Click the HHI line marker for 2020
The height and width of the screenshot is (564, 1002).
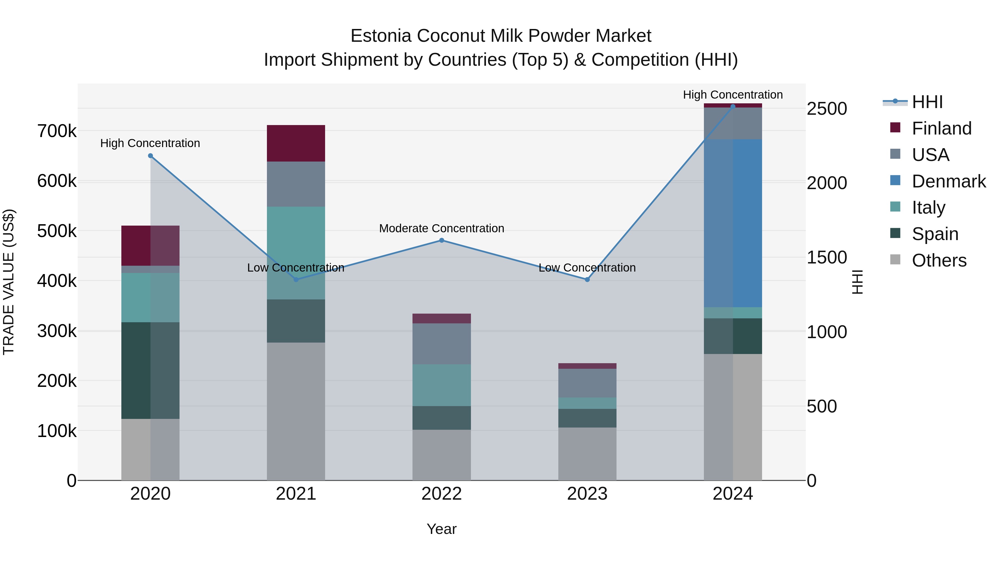coord(151,156)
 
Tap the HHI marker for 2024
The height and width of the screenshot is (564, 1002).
coord(733,106)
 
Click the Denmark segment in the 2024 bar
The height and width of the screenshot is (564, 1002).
coord(733,223)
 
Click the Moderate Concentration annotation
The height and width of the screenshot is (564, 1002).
coord(441,228)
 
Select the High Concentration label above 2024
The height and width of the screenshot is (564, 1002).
coord(733,95)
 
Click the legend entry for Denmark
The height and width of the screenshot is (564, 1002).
coord(948,181)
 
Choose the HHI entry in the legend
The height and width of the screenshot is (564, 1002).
coord(927,102)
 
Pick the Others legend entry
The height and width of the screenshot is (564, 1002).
coord(939,260)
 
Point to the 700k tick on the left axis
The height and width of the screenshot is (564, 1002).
coord(57,131)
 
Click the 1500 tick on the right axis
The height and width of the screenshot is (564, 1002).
coord(827,257)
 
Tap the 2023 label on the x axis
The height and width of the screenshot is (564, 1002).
coord(587,494)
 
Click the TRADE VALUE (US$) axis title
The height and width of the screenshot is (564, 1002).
coord(9,282)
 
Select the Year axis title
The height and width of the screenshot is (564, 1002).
coord(441,529)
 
